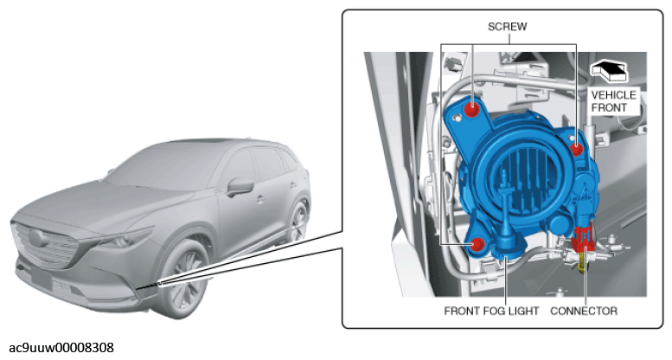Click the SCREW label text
coord(507,27)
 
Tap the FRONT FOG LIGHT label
coord(491,311)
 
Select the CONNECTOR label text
coord(584,311)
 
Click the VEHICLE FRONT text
coord(614,101)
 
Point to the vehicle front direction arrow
coord(608,71)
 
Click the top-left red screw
coord(472,109)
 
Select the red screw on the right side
coord(577,150)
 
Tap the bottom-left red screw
coord(477,245)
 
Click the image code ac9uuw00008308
coord(61,348)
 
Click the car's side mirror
coord(240,187)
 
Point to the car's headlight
coord(126,238)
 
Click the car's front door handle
coord(260,199)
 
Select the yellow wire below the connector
coord(581,262)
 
